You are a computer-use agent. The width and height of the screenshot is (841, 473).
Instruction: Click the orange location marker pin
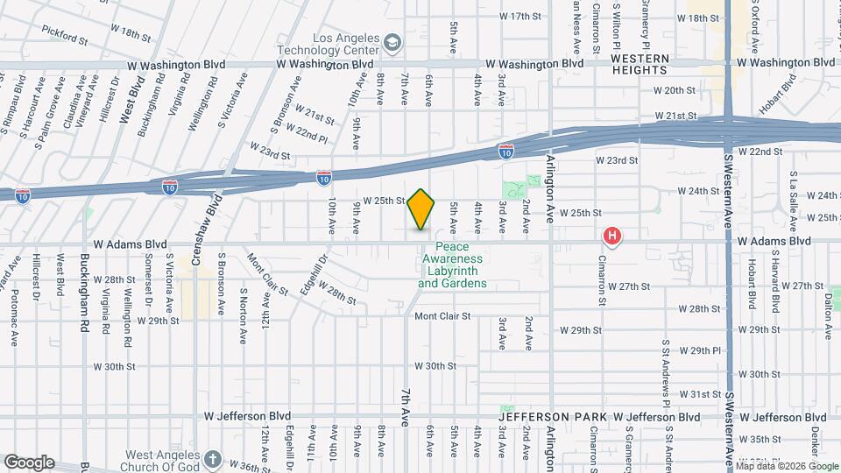(x=421, y=209)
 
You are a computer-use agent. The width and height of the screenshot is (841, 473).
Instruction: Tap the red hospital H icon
(x=612, y=236)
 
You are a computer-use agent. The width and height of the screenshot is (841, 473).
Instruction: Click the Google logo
(x=28, y=462)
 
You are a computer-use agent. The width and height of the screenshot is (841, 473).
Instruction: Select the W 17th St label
(x=521, y=17)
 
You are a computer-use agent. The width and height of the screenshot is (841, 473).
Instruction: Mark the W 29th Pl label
(x=698, y=350)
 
